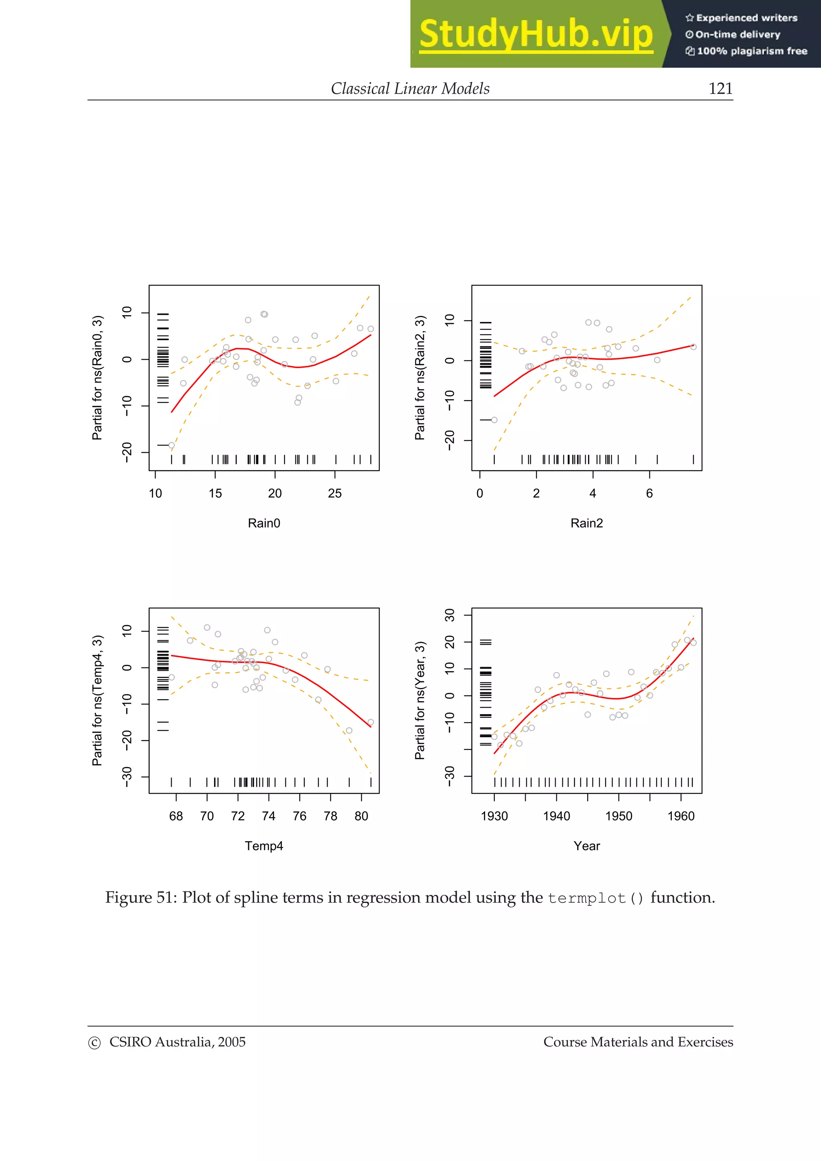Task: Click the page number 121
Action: point(720,89)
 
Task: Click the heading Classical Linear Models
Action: point(410,89)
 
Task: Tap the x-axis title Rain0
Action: point(263,523)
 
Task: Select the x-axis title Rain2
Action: point(586,523)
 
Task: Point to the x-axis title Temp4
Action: point(263,846)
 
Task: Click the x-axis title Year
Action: point(586,846)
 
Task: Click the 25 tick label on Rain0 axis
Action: point(334,494)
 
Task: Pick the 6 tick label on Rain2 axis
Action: point(649,494)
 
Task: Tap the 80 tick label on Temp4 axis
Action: point(361,816)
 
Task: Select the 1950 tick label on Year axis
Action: point(618,816)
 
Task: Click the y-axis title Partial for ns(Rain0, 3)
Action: point(97,378)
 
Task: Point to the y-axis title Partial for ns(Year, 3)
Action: point(420,700)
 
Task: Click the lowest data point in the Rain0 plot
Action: point(172,445)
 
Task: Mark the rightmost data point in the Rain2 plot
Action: point(693,347)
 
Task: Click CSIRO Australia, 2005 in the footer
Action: point(177,1042)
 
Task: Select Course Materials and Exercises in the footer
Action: point(638,1042)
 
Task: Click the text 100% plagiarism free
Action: point(751,51)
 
